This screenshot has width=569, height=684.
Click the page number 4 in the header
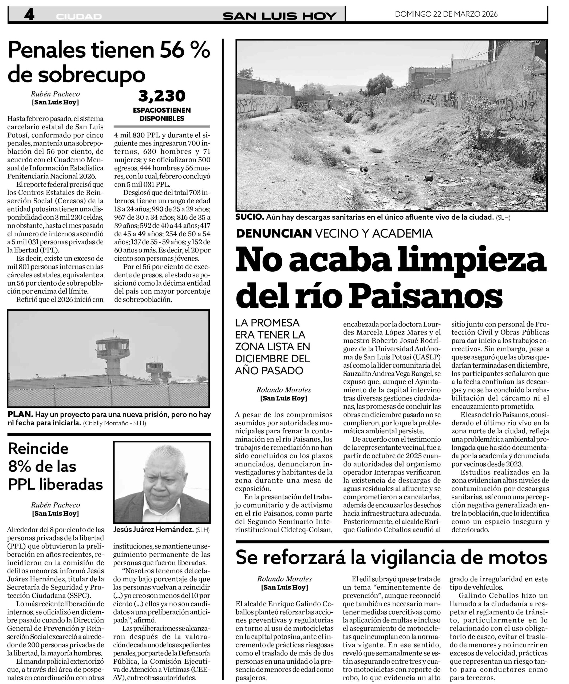(x=29, y=15)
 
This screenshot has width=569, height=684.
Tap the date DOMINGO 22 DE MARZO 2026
(x=446, y=14)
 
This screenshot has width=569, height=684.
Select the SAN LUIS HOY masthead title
(x=279, y=16)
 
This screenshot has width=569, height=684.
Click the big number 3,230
(x=162, y=96)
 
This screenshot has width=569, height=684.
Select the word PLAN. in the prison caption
(x=20, y=415)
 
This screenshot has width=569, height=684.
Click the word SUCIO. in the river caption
(x=250, y=217)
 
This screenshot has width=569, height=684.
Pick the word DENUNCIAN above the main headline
(x=274, y=233)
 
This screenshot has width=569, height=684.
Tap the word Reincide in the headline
(x=38, y=449)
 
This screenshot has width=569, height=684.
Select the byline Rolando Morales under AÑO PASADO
(x=283, y=390)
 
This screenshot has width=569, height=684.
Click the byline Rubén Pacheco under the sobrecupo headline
(x=55, y=94)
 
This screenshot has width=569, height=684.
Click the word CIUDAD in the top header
(x=79, y=17)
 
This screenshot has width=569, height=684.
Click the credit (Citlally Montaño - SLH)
(x=114, y=423)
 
